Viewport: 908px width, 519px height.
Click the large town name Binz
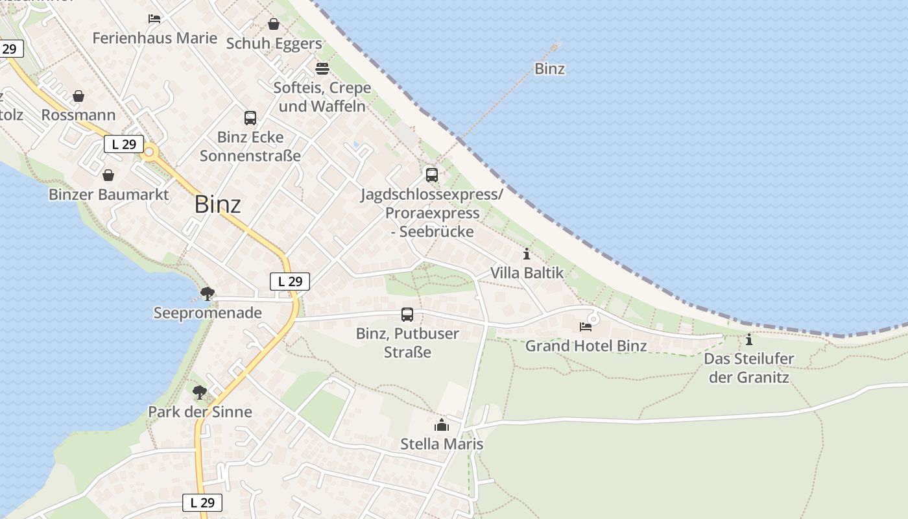pyautogui.click(x=218, y=204)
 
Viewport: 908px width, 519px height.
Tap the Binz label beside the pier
pyautogui.click(x=549, y=69)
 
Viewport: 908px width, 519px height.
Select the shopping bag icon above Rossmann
pyautogui.click(x=78, y=97)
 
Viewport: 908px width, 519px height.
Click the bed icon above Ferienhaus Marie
pyautogui.click(x=154, y=19)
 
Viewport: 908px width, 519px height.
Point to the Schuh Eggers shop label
pyautogui.click(x=274, y=43)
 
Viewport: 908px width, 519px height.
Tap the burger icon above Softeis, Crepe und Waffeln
pyautogui.click(x=322, y=68)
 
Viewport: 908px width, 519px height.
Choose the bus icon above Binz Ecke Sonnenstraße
pyautogui.click(x=250, y=118)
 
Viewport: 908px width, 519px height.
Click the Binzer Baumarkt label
pyautogui.click(x=108, y=195)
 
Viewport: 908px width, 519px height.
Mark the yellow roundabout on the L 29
pyautogui.click(x=150, y=152)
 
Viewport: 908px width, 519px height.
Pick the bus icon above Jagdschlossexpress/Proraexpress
pyautogui.click(x=432, y=175)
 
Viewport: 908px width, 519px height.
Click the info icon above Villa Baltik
pyautogui.click(x=526, y=254)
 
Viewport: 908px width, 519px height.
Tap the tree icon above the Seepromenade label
pyautogui.click(x=208, y=294)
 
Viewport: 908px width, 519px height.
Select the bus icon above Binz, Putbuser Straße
pyautogui.click(x=407, y=315)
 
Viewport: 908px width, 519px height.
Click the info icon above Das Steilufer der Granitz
pyautogui.click(x=749, y=339)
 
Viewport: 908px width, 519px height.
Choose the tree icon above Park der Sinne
pyautogui.click(x=200, y=392)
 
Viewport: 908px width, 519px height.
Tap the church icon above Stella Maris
pyautogui.click(x=442, y=425)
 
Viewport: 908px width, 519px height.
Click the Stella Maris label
pyautogui.click(x=442, y=444)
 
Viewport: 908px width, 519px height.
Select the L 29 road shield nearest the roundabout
pyautogui.click(x=123, y=144)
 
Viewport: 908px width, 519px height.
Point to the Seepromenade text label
pyautogui.click(x=208, y=313)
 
